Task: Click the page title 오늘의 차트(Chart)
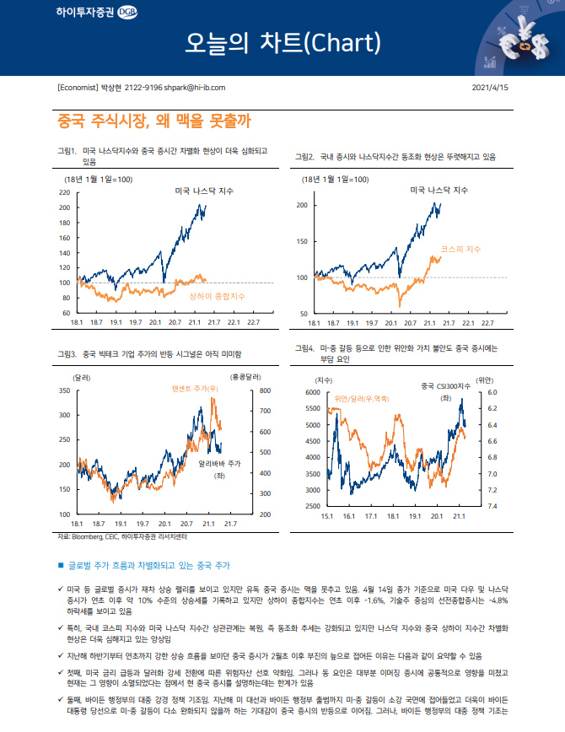[x=283, y=42]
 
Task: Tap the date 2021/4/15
[x=490, y=88]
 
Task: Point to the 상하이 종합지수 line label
[x=217, y=297]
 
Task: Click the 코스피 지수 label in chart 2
[x=460, y=250]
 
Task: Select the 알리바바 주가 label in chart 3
[x=220, y=464]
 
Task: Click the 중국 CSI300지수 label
[x=446, y=386]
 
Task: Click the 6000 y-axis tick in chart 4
[x=311, y=393]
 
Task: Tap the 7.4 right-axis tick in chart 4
[x=492, y=506]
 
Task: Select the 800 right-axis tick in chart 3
[x=240, y=391]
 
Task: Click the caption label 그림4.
[x=305, y=347]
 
